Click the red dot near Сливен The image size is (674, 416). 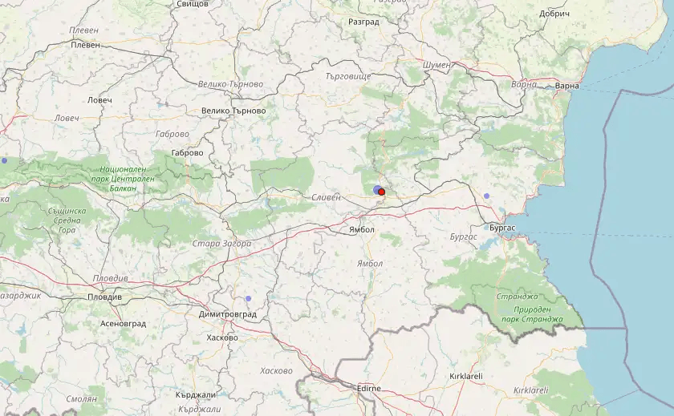point(382,192)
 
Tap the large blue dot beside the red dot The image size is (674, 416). point(377,189)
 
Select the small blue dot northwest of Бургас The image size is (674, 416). point(487,196)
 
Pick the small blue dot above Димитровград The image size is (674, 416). point(248,299)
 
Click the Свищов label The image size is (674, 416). point(192,4)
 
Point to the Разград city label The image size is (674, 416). point(363,22)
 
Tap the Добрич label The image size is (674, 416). point(554,14)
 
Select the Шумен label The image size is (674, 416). point(436,65)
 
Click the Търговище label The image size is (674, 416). point(348,76)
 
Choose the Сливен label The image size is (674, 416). point(327,196)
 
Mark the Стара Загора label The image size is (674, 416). point(221,244)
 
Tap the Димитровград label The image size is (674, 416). point(228,314)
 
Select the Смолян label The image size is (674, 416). point(81,398)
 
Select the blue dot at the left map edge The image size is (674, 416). point(3,161)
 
